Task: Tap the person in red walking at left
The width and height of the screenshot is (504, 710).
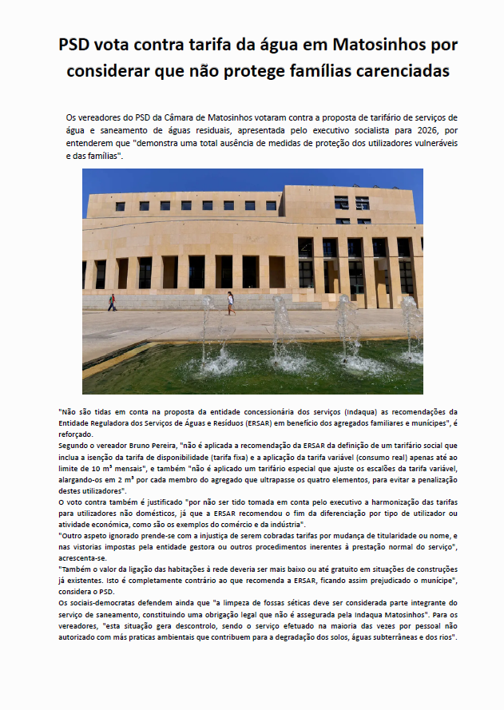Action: (x=112, y=303)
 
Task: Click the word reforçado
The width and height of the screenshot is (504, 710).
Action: (x=76, y=433)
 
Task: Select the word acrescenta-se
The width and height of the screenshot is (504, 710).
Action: (x=85, y=557)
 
